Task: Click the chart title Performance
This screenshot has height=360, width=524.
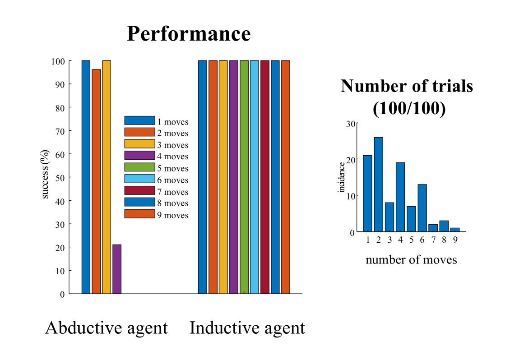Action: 189,34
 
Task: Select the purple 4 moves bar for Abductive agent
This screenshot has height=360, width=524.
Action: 117,269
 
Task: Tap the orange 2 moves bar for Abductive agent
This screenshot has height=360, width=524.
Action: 96,180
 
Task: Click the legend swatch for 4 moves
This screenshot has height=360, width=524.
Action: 139,156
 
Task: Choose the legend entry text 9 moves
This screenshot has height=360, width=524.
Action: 173,215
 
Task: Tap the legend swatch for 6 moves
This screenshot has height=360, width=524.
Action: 139,180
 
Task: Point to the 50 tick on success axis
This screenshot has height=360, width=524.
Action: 60,177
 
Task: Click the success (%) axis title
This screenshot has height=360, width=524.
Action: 46,177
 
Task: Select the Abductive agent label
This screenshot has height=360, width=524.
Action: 107,328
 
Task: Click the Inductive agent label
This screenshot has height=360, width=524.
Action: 247,328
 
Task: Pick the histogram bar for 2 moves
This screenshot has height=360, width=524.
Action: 379,185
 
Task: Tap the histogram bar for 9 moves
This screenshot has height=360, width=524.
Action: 455,230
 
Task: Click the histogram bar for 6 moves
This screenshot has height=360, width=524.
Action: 422,208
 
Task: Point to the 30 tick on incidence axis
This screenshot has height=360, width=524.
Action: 351,123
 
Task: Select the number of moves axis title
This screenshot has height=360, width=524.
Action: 411,259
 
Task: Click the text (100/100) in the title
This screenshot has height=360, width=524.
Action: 409,109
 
